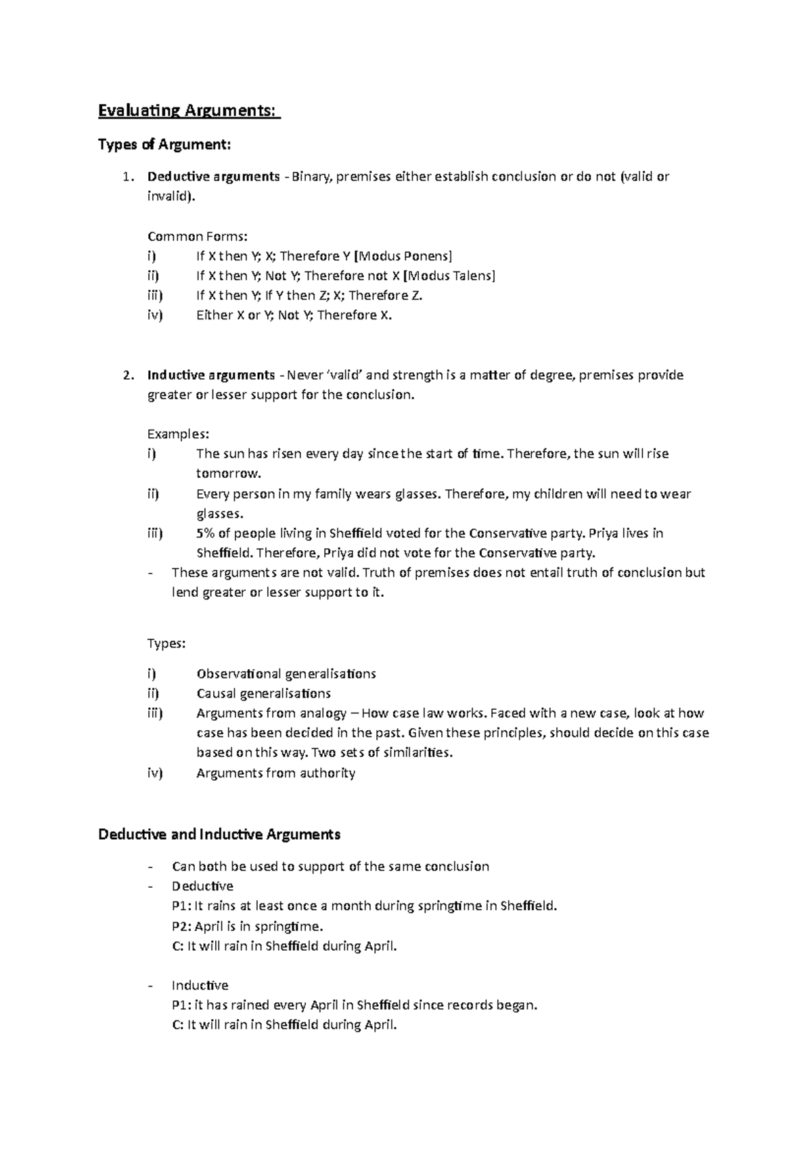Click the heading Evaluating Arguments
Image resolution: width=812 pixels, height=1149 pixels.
[188, 110]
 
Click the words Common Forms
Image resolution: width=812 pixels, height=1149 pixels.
[198, 236]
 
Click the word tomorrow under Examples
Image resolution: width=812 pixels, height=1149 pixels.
[228, 473]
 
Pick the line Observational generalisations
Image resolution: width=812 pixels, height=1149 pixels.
[286, 674]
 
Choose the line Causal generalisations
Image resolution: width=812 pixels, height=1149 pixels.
[263, 694]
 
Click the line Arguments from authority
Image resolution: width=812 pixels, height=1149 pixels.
[275, 773]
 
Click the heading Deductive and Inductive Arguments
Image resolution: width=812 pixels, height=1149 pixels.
[219, 834]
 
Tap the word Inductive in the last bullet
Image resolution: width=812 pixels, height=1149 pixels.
[200, 985]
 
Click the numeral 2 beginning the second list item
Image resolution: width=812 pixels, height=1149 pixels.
[127, 375]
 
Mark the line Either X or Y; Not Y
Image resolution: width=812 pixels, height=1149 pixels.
[294, 315]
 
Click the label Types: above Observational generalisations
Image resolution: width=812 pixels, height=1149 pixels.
[166, 643]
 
